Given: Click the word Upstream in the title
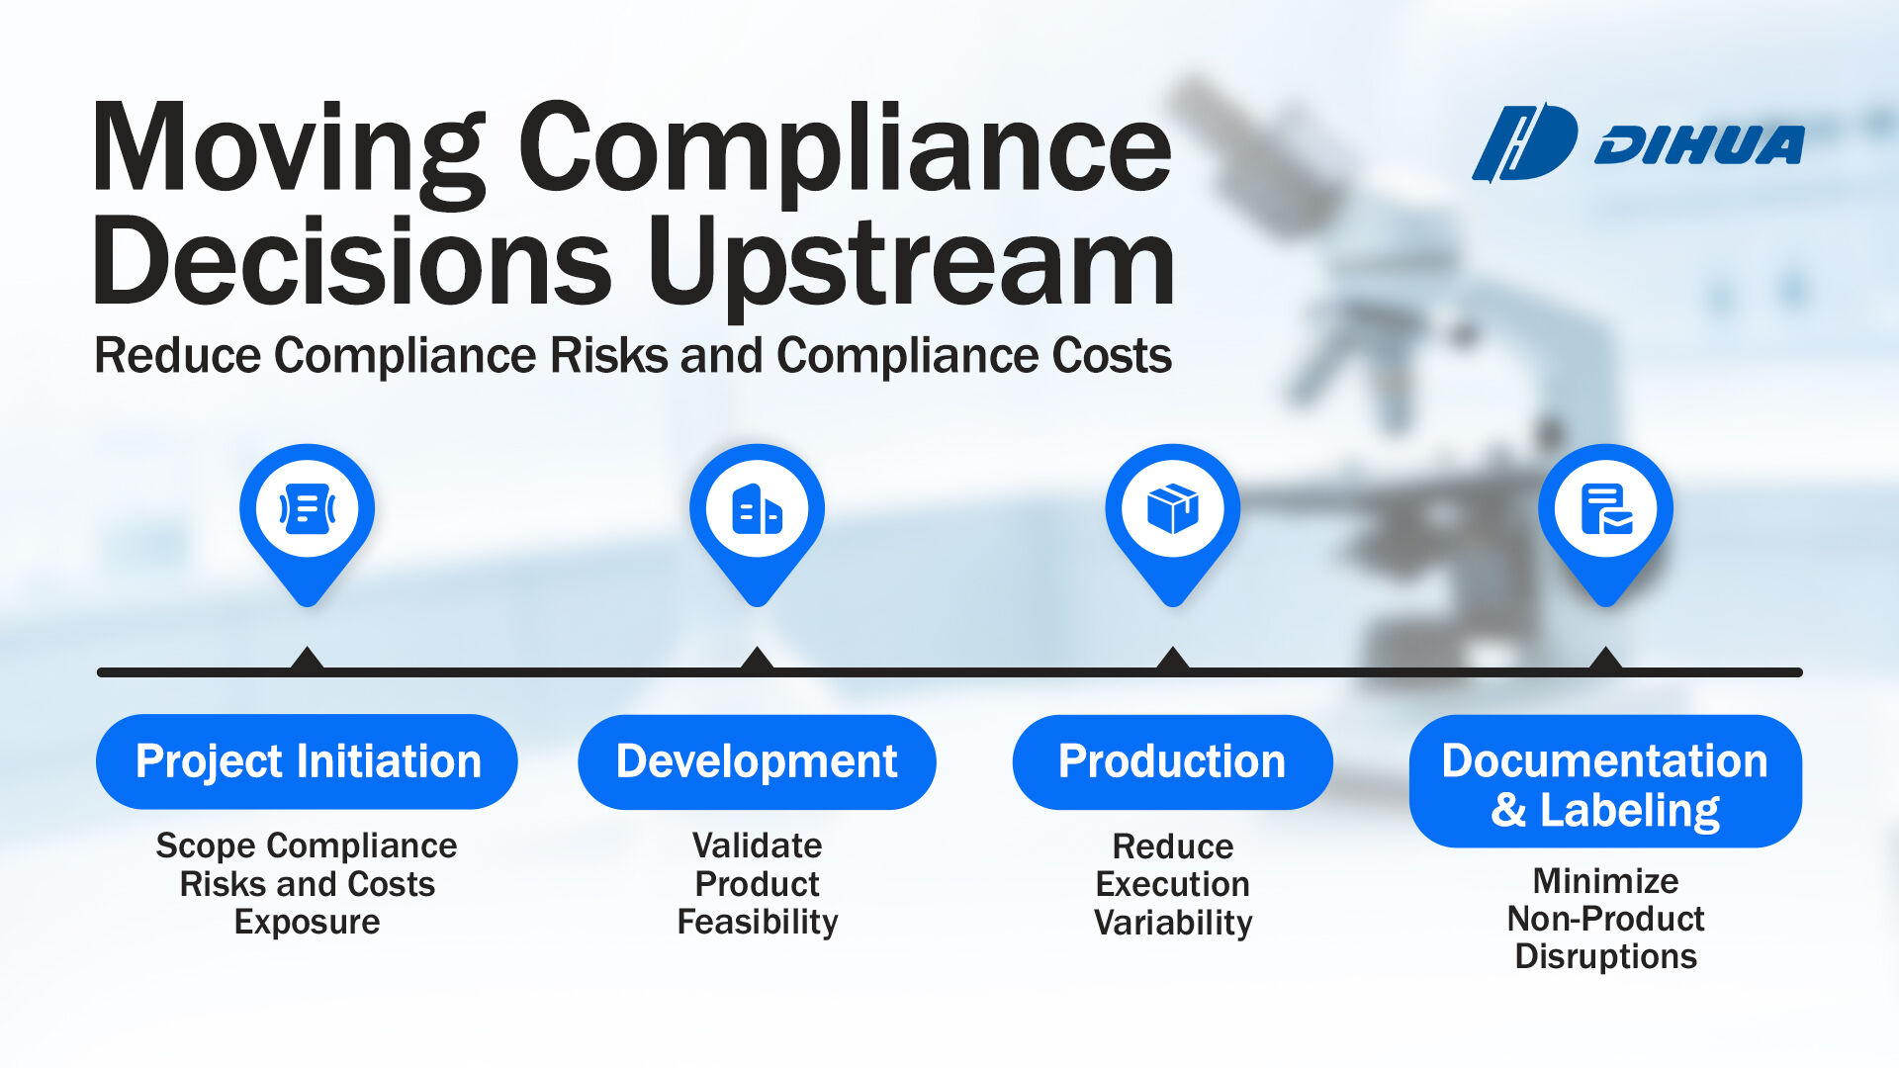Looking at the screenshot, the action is point(911,263).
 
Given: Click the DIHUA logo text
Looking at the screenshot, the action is point(1699,144).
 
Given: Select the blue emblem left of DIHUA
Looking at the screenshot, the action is point(1525,143).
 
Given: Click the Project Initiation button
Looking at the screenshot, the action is point(307,761).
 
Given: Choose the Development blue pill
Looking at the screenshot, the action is point(757,761).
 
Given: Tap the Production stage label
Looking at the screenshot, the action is point(1172,761).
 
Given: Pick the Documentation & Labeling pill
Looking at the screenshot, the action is point(1605,781).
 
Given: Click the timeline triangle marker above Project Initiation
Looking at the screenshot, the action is point(308,660).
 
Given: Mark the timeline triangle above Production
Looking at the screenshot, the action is point(1172,660).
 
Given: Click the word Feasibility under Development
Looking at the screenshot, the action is point(758,923).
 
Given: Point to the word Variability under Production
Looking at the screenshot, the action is point(1173,923).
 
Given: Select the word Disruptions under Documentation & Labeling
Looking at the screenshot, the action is point(1605,957).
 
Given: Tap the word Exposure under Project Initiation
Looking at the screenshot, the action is point(307,923).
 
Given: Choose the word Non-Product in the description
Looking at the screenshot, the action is point(1605,919).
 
